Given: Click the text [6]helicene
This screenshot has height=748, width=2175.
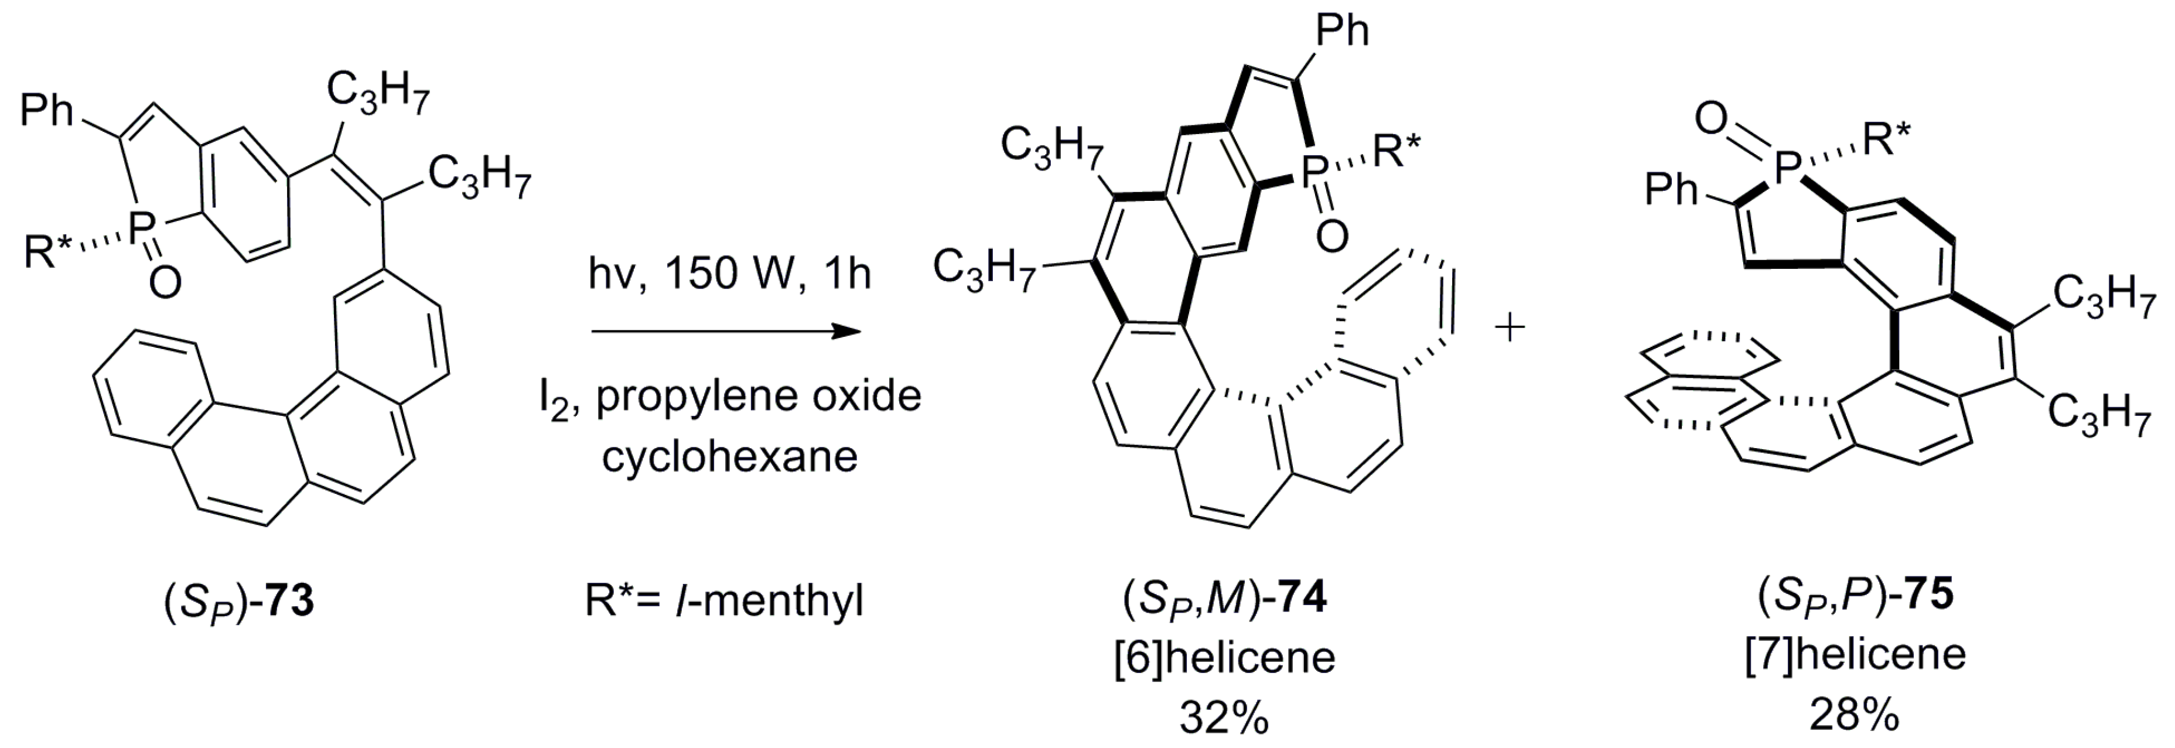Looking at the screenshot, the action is (x=1224, y=658).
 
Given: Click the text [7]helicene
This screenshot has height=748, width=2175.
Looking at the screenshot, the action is (x=1854, y=654).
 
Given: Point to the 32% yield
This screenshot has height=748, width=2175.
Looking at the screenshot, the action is (x=1224, y=719).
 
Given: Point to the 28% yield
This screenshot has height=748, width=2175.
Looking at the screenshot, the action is (x=1854, y=716).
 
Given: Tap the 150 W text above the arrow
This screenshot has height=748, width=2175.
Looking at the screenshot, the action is (x=731, y=274).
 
